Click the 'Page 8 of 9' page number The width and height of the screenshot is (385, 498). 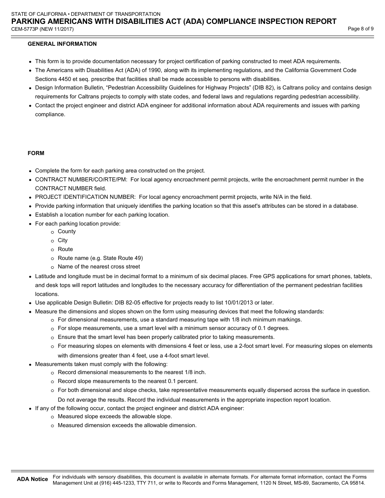coord(361,29)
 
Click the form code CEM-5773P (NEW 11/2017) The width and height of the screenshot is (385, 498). coord(43,29)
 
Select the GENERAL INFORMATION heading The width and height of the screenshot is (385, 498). coord(62,44)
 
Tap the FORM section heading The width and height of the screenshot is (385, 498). coord(36,153)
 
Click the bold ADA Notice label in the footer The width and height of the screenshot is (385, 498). coord(32,479)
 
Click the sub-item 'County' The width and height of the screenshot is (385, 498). coord(67,232)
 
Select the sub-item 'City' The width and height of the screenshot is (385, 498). coord(63,240)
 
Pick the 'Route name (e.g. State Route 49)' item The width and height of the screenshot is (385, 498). coord(100,258)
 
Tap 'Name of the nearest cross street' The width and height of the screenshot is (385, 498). coord(99,267)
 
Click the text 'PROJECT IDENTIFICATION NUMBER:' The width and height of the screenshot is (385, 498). coord(85,197)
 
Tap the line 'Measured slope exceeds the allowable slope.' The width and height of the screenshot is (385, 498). coord(115,417)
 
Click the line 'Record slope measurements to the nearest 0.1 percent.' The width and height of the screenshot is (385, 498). coord(128,381)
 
